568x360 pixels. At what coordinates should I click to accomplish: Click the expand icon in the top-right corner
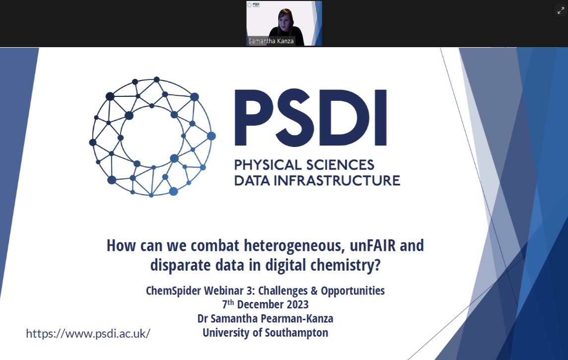[561, 10]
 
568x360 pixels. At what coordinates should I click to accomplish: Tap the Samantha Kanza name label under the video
[271, 41]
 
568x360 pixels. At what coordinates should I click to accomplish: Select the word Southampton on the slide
[296, 332]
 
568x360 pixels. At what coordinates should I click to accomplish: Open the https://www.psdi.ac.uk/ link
[88, 333]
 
